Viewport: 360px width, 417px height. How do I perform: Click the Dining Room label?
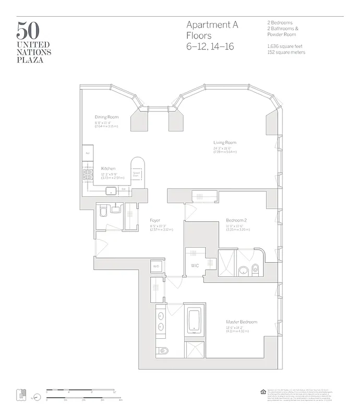pos(106,117)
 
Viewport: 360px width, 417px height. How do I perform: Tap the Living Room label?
pos(224,142)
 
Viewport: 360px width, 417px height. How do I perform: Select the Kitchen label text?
pos(108,169)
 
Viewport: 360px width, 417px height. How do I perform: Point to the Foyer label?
pos(154,220)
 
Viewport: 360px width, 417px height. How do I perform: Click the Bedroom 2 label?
pos(236,220)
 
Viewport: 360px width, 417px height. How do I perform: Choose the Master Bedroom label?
pos(241,322)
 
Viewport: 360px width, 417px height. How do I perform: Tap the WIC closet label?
pos(195,266)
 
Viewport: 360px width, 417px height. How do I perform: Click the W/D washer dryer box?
pos(156,266)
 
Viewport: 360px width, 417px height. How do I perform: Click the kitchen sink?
pos(112,190)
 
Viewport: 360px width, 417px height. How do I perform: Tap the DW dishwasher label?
pos(124,189)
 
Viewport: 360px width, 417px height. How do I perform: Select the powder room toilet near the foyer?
pos(103,211)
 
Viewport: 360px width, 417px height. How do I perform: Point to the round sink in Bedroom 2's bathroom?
pos(243,271)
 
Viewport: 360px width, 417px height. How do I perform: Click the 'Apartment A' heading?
pos(212,25)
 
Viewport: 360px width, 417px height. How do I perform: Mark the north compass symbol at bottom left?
pos(37,395)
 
